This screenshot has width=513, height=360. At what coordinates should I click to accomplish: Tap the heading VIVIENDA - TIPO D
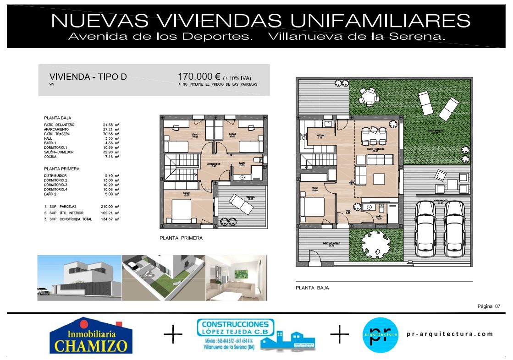point(88,77)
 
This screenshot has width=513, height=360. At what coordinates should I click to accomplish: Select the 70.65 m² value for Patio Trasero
point(110,134)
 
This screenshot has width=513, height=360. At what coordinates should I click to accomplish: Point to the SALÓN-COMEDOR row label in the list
point(59,152)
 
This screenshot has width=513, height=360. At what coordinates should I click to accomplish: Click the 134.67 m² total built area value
point(110,219)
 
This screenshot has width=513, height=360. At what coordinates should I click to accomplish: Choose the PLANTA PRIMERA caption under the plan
point(181,238)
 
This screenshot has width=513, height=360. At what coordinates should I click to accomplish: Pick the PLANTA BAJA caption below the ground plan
point(312,288)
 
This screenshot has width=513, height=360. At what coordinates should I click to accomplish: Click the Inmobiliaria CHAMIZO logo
point(91,336)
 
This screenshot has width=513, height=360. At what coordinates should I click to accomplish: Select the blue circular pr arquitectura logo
point(380,335)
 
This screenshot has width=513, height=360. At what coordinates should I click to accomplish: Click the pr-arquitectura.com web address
point(450,334)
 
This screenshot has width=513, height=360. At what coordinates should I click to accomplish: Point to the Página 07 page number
point(489,306)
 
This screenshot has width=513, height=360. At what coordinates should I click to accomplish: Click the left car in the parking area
point(425,228)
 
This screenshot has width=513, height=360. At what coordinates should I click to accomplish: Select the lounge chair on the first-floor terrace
point(241,203)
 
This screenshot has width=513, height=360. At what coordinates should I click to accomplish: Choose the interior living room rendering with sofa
point(236,278)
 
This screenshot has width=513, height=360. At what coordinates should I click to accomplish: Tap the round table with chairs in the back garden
point(369,96)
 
